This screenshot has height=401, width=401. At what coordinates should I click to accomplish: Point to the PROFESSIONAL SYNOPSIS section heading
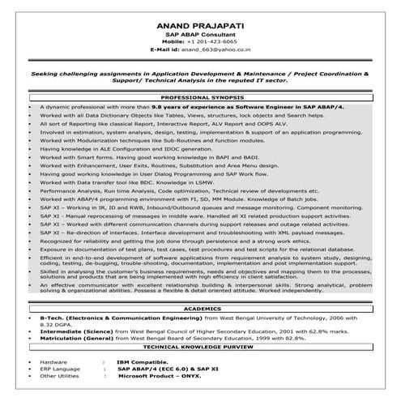tap(201, 96)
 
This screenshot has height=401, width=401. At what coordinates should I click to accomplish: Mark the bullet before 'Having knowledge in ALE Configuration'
tap(30, 149)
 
